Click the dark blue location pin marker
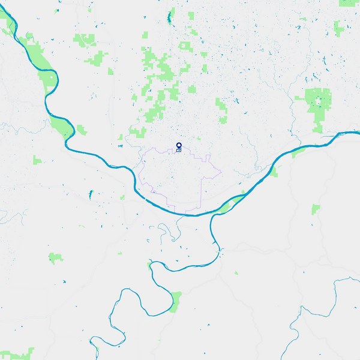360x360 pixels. (x=179, y=146)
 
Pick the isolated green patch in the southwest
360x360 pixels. (x=56, y=258)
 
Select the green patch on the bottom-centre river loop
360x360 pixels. (x=176, y=299)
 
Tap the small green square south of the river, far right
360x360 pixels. (x=316, y=208)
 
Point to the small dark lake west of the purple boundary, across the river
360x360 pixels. (x=91, y=194)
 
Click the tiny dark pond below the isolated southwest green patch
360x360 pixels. (x=63, y=282)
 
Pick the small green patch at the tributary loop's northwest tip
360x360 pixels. (x=149, y=265)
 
